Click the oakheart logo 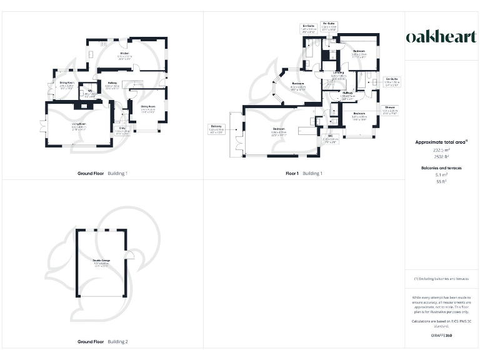click(x=441, y=37)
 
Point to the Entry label click(x=122, y=129)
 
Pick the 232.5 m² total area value click(x=441, y=151)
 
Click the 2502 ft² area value click(x=441, y=156)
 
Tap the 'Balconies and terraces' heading click(x=441, y=168)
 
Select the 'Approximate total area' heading click(x=441, y=142)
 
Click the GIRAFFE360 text click(x=441, y=336)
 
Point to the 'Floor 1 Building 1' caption click(x=304, y=173)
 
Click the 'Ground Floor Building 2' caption click(x=102, y=342)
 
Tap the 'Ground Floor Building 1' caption click(x=102, y=173)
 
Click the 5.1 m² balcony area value click(x=441, y=176)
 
